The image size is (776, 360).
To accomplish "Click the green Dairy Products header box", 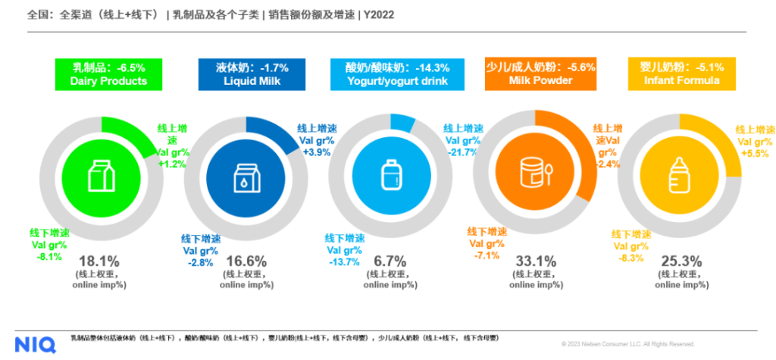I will coord(108,74).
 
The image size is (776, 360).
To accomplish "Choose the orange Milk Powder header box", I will coord(540,74).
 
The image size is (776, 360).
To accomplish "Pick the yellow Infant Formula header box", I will coord(681,74).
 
